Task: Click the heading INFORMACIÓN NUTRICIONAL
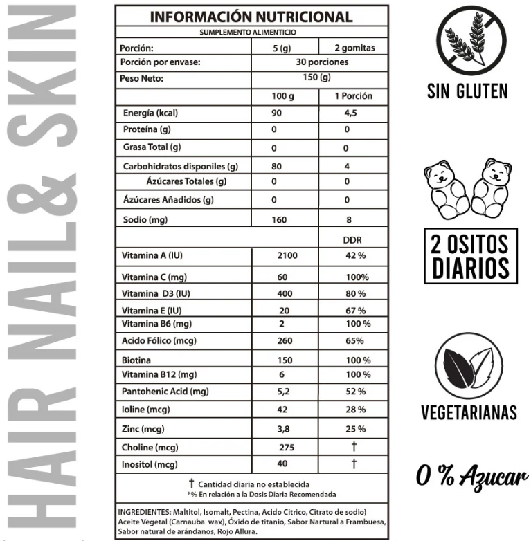pos(251,17)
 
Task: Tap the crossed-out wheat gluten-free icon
pos(467,40)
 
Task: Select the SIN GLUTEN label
pos(467,91)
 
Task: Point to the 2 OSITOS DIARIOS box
pos(470,256)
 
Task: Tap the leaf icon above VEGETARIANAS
pos(468,366)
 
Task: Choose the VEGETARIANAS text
pos(469,413)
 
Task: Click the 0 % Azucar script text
pos(471,477)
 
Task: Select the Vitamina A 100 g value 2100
pos(287,256)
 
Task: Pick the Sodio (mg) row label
pos(145,220)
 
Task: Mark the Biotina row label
pos(136,360)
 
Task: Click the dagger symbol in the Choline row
pos(354,446)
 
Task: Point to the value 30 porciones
pos(318,62)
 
